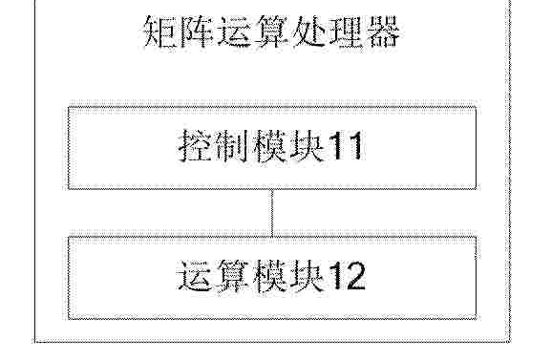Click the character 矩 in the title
point(161,32)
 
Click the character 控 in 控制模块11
point(196,146)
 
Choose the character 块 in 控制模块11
point(306,146)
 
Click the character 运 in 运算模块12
point(194,276)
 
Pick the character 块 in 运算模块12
point(306,276)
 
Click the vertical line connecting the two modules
point(272,213)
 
